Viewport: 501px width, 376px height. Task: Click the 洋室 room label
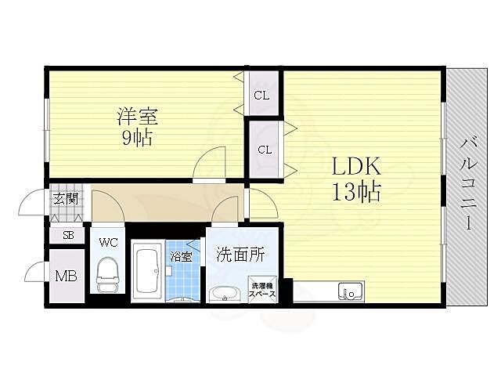click(138, 117)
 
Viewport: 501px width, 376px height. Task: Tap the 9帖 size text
click(138, 139)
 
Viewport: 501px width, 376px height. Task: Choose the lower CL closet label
click(265, 150)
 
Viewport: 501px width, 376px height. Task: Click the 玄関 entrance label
click(65, 198)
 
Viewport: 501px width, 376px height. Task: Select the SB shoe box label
click(68, 234)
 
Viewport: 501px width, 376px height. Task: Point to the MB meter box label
click(66, 275)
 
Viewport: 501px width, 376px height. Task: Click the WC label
click(108, 242)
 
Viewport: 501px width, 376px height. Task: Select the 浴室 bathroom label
click(182, 256)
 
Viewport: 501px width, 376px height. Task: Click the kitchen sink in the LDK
click(349, 292)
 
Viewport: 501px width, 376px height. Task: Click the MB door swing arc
click(36, 273)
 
